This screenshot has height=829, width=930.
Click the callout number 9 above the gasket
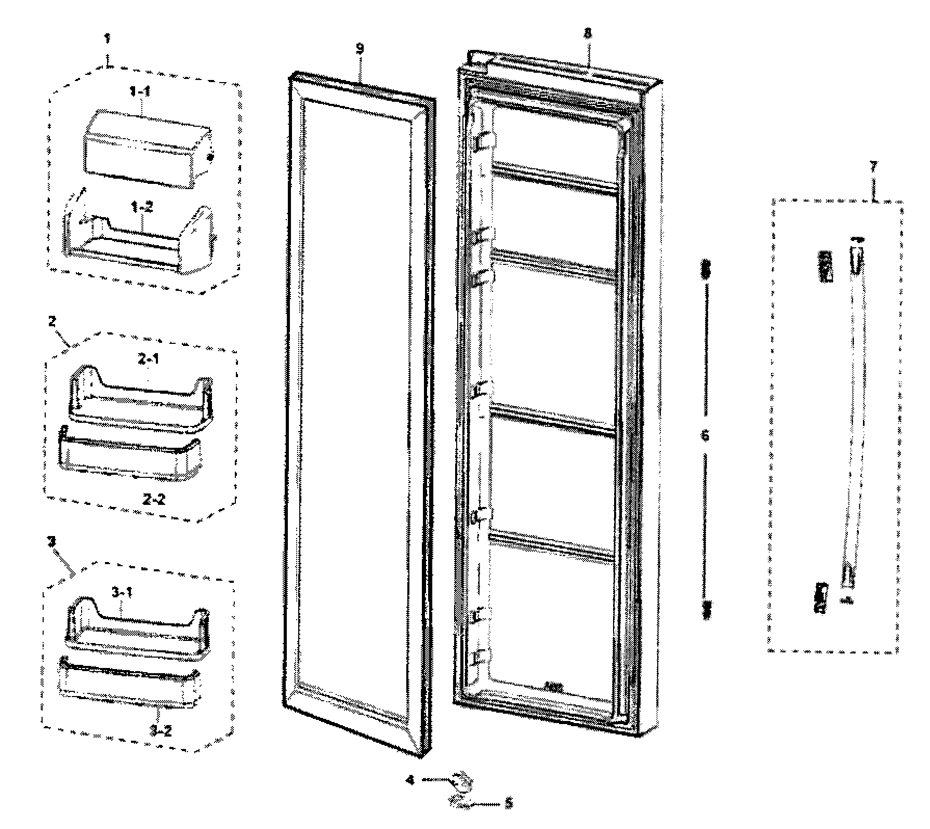[360, 49]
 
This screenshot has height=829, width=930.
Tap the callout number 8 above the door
[588, 33]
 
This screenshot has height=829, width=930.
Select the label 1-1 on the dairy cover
[140, 91]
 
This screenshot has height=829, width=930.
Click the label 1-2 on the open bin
[141, 207]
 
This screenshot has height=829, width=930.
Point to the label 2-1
[148, 358]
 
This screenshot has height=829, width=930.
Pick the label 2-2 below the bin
[154, 499]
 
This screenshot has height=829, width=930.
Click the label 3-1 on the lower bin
[123, 592]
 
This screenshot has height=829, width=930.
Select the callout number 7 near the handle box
[873, 167]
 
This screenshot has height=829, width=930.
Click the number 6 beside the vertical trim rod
[705, 435]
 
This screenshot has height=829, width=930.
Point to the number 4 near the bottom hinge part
[410, 780]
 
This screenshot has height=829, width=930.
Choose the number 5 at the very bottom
[509, 803]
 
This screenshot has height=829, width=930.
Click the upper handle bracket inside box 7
[825, 266]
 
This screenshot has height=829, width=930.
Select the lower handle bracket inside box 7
[821, 598]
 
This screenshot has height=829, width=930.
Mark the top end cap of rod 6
[706, 270]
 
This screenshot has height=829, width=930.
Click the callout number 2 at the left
[52, 322]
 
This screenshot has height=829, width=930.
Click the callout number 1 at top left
[107, 38]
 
